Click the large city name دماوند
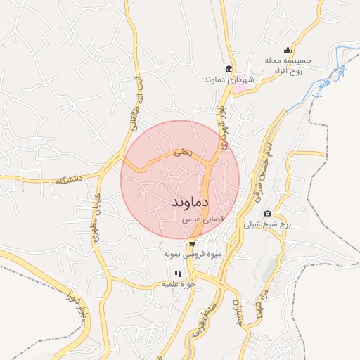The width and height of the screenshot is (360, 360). click(191, 201)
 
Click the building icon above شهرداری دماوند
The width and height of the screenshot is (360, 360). click(229, 68)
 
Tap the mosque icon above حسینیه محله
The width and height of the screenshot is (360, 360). click(287, 50)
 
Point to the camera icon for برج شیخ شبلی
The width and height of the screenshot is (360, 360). click(267, 213)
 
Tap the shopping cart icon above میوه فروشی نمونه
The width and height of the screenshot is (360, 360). click(193, 244)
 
